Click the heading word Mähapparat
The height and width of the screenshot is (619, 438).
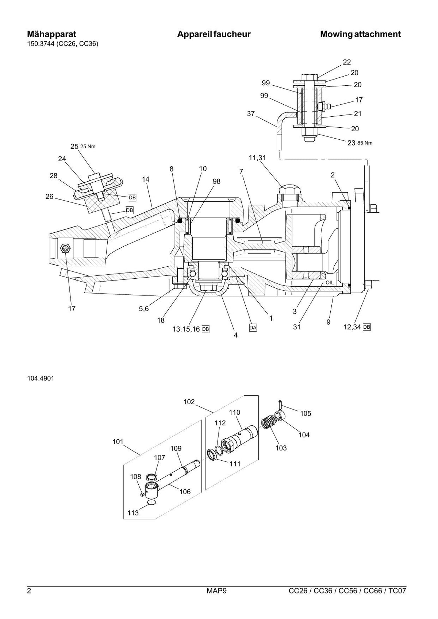(51, 34)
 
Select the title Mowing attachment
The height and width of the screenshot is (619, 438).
(360, 34)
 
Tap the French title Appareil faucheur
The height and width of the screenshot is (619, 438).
(214, 34)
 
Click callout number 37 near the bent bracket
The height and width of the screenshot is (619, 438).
(251, 113)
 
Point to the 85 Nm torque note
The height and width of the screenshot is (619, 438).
(365, 143)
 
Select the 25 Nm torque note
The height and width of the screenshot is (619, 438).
(88, 147)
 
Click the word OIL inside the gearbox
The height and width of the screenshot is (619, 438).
(330, 283)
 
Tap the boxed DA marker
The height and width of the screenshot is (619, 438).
(253, 328)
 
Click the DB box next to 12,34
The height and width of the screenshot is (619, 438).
(367, 327)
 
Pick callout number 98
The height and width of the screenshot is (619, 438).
(216, 181)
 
